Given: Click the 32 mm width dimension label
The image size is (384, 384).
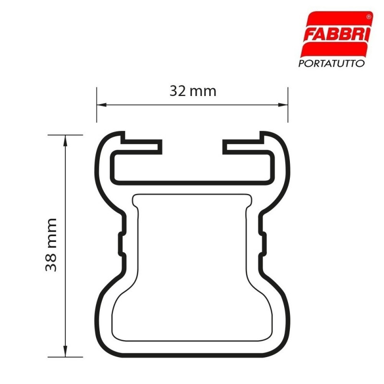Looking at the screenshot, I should (192, 91).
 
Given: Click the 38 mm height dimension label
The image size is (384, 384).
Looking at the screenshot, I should (51, 245).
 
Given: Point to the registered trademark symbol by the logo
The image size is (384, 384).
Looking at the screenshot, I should (368, 16).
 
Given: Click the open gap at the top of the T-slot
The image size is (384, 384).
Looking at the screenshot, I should (192, 144).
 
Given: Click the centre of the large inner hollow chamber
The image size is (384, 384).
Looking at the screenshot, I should (192, 269).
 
